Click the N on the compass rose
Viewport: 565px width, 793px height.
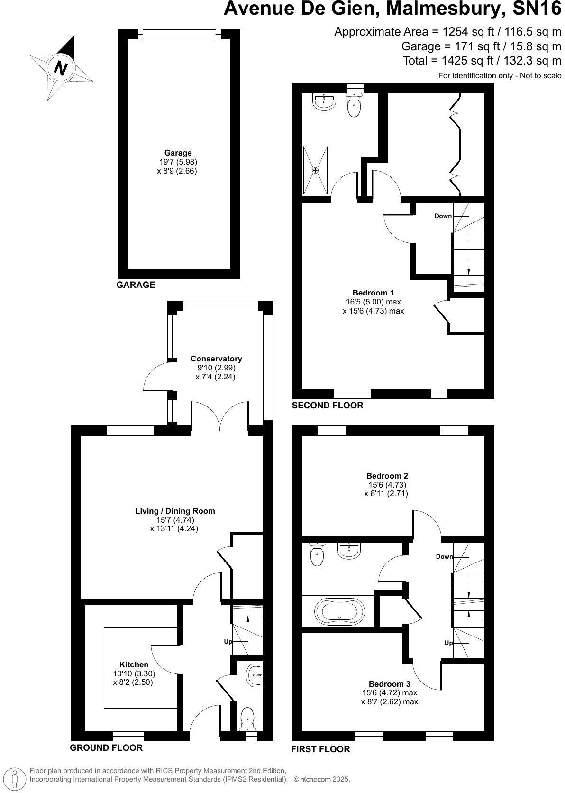tap(61, 68)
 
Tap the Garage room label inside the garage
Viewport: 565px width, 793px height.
tap(178, 153)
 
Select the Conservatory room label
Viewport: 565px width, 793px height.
tap(216, 359)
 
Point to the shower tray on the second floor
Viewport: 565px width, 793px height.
tap(316, 170)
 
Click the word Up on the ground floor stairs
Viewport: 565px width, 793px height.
tap(228, 641)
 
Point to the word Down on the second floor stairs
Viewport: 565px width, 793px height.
tap(443, 216)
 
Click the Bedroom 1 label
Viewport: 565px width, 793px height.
tap(373, 293)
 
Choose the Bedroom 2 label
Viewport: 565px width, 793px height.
tap(387, 476)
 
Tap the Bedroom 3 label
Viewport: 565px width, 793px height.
tap(389, 684)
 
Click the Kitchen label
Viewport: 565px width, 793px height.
tap(134, 664)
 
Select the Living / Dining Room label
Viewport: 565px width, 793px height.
tap(175, 511)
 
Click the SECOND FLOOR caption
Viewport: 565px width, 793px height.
tap(327, 405)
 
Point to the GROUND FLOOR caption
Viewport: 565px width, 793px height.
tap(106, 748)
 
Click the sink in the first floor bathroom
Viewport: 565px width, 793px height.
tap(350, 550)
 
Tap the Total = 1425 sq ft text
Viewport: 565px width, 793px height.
tap(482, 60)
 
